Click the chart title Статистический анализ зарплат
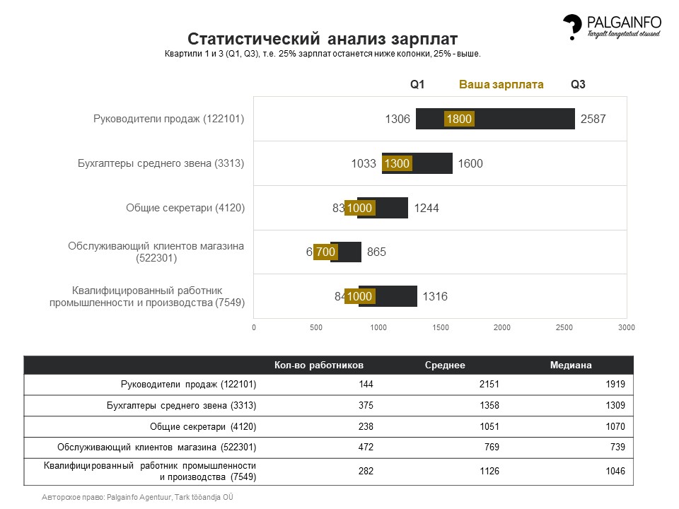click(322, 38)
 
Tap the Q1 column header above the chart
click(417, 85)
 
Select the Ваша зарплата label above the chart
click(501, 85)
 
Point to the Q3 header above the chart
click(578, 85)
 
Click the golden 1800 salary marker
click(459, 119)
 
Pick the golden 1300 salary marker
click(397, 164)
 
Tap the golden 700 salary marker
click(325, 252)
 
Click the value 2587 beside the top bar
click(593, 119)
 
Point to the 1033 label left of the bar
click(364, 164)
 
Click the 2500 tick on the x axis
click(564, 328)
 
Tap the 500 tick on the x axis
click(316, 328)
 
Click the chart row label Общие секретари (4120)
click(185, 208)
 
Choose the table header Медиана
click(571, 365)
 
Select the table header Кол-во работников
click(319, 365)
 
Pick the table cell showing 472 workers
click(365, 447)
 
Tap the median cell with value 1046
click(615, 472)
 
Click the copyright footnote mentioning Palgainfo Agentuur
click(138, 497)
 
